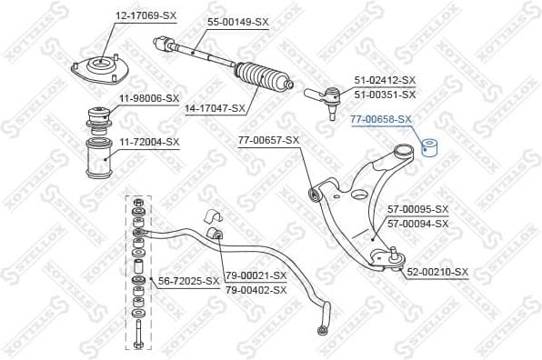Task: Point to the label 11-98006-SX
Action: (148, 97)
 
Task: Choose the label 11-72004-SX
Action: (148, 142)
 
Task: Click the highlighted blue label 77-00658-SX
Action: (381, 119)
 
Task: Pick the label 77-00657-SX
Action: (268, 140)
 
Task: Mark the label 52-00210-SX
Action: (437, 272)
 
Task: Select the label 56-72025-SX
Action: (184, 281)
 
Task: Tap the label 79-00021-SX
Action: (256, 275)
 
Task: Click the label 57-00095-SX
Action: (418, 209)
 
